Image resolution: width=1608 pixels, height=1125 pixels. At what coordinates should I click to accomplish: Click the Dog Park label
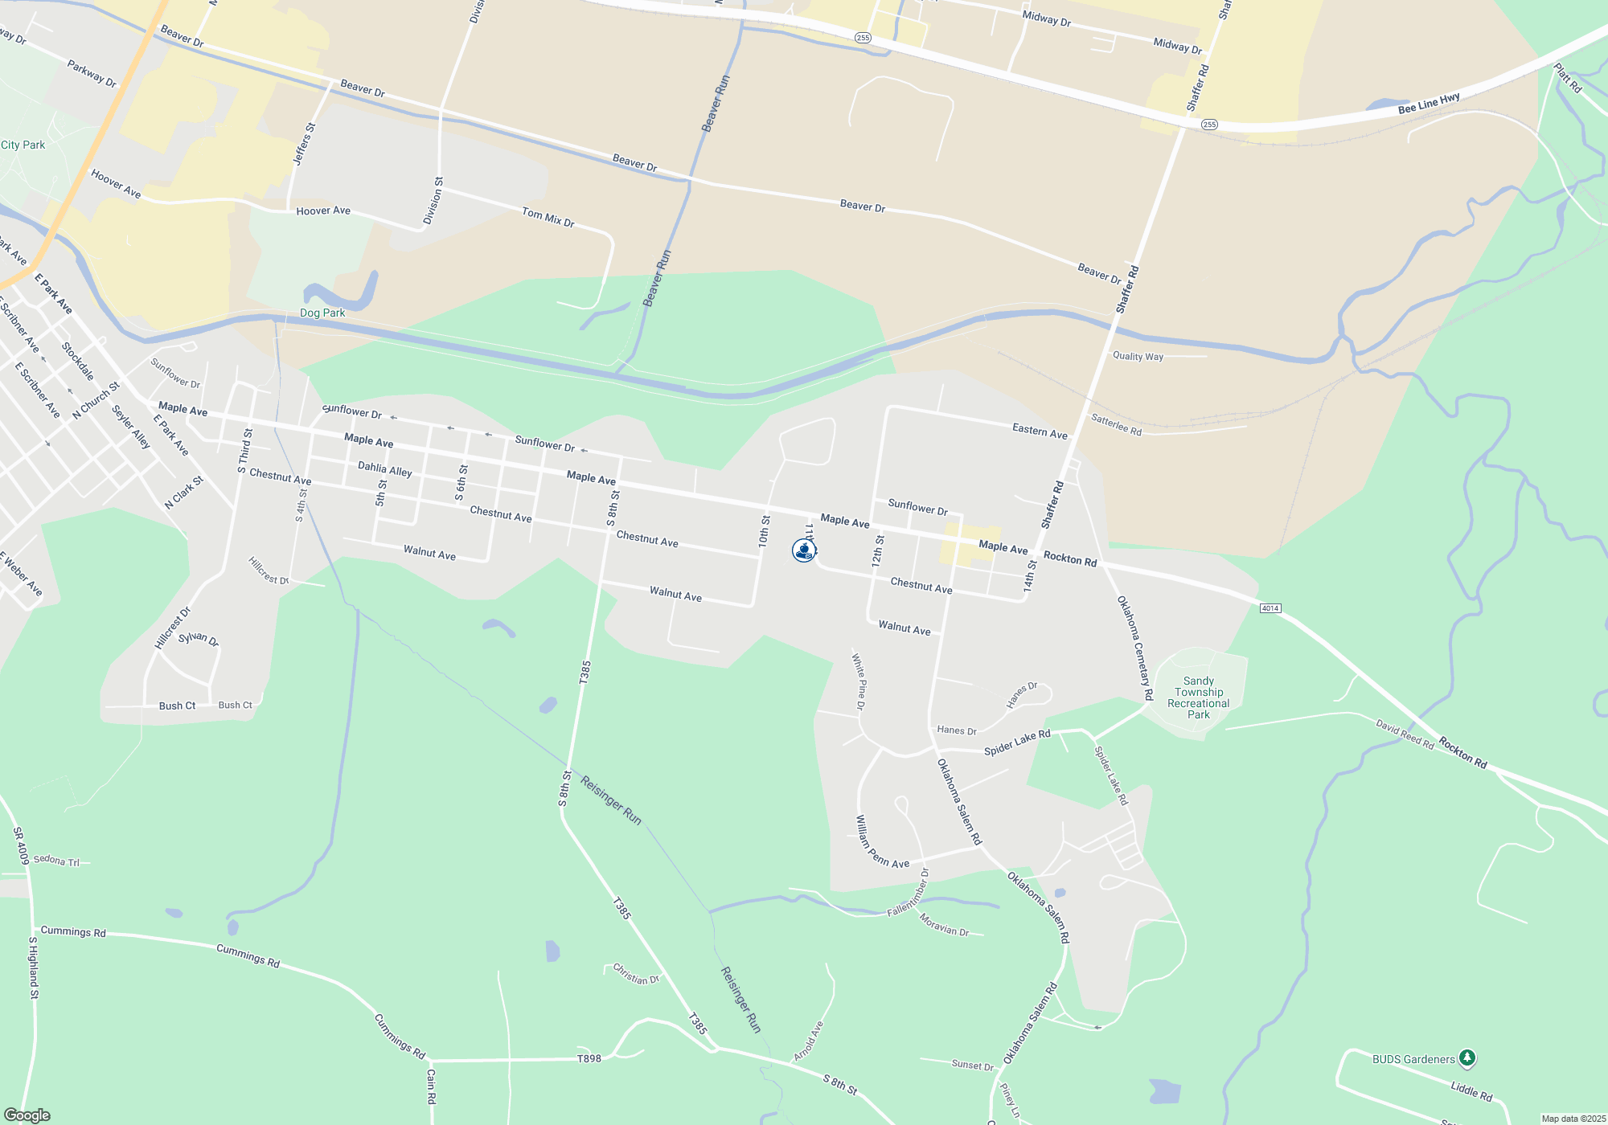point(322,313)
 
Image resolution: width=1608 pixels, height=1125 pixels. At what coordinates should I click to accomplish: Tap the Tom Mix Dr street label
point(548,217)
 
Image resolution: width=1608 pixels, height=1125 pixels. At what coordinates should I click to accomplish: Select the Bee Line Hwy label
point(1429,104)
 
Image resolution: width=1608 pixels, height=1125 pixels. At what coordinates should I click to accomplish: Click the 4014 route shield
point(1270,607)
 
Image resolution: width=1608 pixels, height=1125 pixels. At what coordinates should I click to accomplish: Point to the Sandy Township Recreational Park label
point(1198,697)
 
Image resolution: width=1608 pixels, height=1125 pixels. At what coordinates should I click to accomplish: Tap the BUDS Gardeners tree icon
point(1467,1057)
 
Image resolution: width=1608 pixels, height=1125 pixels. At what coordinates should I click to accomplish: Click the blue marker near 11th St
point(803,550)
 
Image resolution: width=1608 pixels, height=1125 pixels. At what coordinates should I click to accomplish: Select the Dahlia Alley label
point(384,468)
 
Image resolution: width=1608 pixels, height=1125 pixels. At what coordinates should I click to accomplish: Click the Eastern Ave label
point(1040,432)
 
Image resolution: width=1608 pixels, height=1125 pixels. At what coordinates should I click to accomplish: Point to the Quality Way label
point(1138,356)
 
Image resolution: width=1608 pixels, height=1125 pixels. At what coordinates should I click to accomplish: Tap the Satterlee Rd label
point(1116,424)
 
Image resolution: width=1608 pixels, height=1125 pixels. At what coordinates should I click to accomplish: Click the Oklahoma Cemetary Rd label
point(1134,647)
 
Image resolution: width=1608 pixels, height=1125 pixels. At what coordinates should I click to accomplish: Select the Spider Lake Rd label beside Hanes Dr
point(1017,742)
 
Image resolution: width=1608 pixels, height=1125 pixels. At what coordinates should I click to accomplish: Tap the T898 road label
point(589,1058)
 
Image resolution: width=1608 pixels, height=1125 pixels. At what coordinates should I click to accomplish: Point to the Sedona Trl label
point(56,861)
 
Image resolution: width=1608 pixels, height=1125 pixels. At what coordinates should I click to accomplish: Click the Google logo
point(27,1115)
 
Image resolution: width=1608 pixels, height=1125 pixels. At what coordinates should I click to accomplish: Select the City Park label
point(23,145)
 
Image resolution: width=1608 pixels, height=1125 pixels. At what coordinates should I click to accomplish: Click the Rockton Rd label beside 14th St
point(1069,558)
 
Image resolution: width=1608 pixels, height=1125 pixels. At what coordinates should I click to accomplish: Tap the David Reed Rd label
point(1405,734)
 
